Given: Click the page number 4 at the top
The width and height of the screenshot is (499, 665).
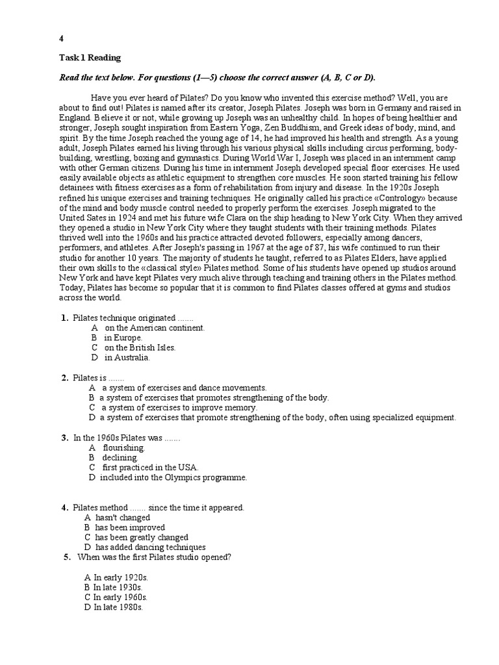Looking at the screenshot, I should coord(62,38).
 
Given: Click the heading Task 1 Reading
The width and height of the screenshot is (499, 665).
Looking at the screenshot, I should coord(90,58).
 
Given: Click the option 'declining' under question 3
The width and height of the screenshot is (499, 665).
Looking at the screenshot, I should coord(120,457).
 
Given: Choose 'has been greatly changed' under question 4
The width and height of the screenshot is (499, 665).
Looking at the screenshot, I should coord(141,537).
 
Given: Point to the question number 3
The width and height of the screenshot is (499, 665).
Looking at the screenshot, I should coord(65,438).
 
